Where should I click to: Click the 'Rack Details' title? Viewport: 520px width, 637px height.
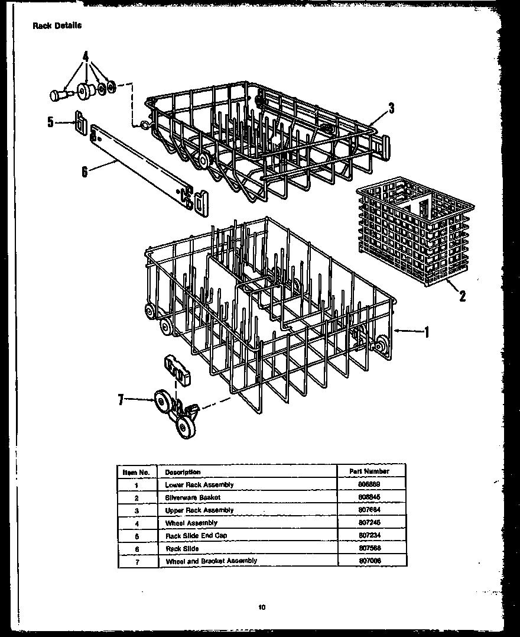click(x=57, y=25)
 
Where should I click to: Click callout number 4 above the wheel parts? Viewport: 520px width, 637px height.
click(x=86, y=57)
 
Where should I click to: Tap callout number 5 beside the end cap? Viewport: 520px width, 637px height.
click(x=50, y=122)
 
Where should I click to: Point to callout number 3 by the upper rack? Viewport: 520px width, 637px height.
click(x=391, y=108)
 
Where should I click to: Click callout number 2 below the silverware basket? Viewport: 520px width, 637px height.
click(x=462, y=296)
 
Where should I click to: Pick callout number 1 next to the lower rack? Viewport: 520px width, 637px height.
click(x=426, y=332)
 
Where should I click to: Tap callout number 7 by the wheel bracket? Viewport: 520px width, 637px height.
click(x=121, y=400)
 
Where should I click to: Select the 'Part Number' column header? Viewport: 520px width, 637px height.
click(x=369, y=471)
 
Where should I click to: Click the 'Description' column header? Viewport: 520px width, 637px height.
click(x=183, y=472)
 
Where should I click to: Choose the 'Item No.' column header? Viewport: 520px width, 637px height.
click(x=136, y=472)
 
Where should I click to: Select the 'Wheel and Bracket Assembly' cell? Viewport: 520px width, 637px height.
click(x=211, y=561)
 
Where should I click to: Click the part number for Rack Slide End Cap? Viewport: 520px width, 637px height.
click(x=369, y=535)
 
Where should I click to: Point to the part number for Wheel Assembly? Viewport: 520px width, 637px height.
click(x=369, y=523)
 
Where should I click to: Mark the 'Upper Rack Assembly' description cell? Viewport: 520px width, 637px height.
click(x=199, y=510)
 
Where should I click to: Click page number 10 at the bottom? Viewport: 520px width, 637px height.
click(x=261, y=606)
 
